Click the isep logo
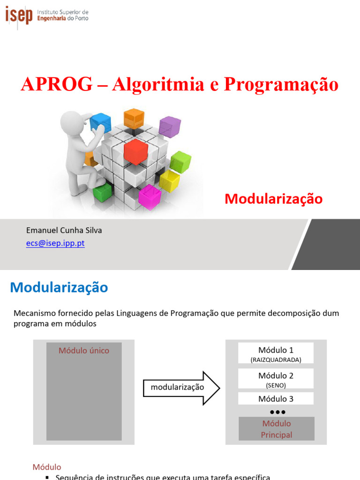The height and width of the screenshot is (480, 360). [19, 15]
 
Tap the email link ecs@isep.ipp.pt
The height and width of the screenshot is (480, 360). [55, 243]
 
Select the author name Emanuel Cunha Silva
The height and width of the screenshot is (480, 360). [64, 230]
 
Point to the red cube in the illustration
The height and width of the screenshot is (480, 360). [136, 151]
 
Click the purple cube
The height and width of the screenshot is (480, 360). [169, 127]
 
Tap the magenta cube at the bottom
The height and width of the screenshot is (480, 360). [150, 196]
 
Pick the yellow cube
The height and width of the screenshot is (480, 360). [169, 181]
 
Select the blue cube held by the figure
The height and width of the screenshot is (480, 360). [100, 123]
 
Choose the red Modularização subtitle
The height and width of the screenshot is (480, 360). [274, 199]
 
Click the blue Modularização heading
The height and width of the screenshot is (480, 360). [59, 287]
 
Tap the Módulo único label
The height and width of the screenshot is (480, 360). [84, 351]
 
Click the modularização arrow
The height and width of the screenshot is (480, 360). [181, 388]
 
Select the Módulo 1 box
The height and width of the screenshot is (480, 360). [276, 353]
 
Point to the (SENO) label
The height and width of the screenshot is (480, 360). [276, 385]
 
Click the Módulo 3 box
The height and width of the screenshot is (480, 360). [276, 399]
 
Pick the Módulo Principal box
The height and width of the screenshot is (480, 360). [277, 429]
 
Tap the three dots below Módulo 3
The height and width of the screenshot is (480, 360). [277, 412]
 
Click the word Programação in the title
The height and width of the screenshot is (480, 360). [281, 84]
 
